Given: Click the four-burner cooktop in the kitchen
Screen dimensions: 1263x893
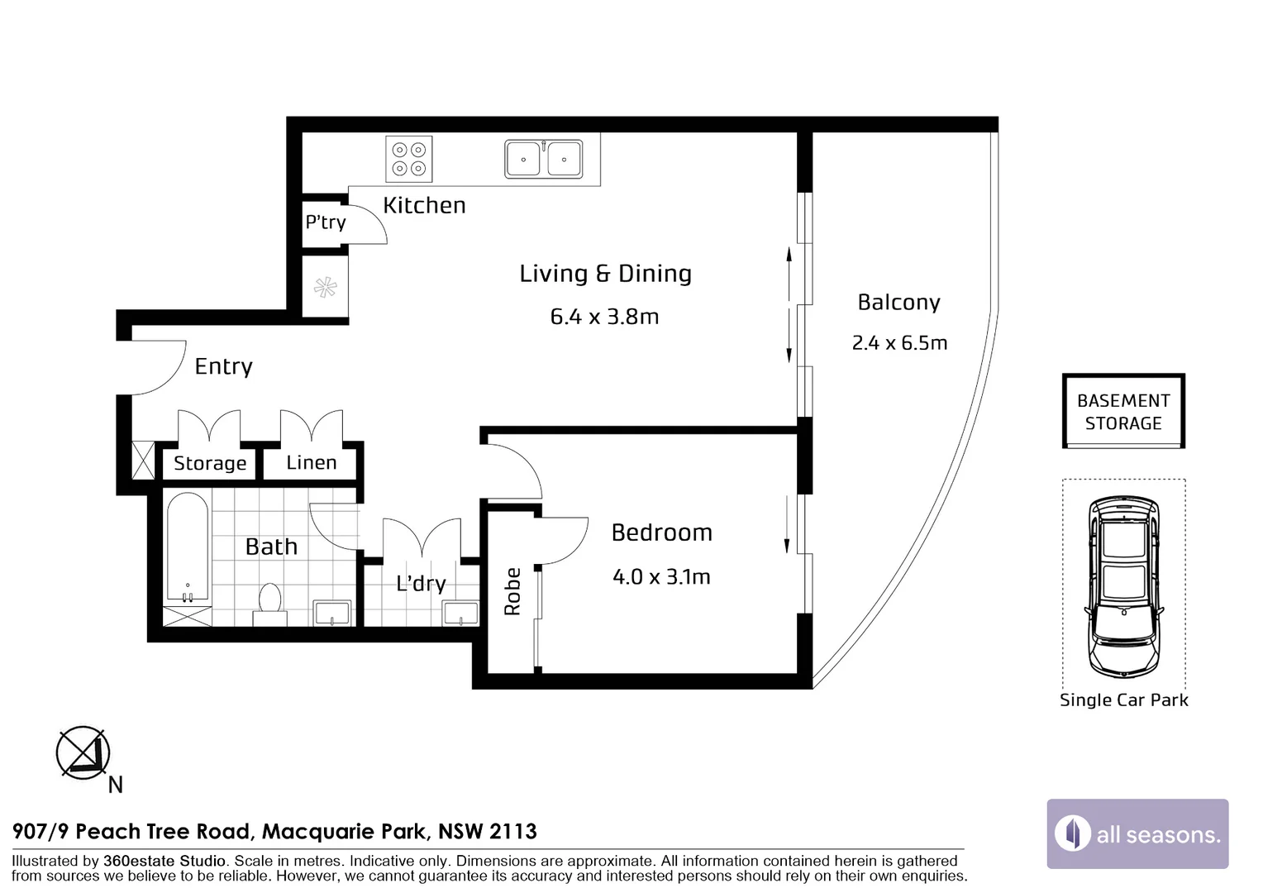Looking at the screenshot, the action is pyautogui.click(x=409, y=159).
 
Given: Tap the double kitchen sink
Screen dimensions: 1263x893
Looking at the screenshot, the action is pyautogui.click(x=544, y=159).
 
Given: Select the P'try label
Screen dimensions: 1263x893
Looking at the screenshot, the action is pyautogui.click(x=326, y=222).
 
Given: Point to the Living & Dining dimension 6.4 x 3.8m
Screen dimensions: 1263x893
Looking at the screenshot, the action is pyautogui.click(x=604, y=317).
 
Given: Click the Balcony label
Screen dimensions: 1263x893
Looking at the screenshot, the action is pyautogui.click(x=898, y=303).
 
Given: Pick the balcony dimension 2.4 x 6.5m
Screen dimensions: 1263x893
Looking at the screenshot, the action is pyautogui.click(x=899, y=343).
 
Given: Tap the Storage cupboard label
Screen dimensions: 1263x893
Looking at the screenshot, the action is pyautogui.click(x=210, y=463).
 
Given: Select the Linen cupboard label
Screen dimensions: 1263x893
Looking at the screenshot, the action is pyautogui.click(x=312, y=462).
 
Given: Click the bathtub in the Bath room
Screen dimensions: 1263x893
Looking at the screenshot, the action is pyautogui.click(x=188, y=547).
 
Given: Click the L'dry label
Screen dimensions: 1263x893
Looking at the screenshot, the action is pyautogui.click(x=422, y=583).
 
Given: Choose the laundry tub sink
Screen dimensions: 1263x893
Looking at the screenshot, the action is pyautogui.click(x=460, y=614).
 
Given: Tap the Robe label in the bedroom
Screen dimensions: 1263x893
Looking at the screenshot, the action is pyautogui.click(x=512, y=591).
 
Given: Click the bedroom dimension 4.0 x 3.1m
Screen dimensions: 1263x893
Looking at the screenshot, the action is pyautogui.click(x=661, y=577).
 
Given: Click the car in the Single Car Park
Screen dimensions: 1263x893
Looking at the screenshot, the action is pyautogui.click(x=1124, y=586).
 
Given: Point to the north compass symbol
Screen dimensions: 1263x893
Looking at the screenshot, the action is pyautogui.click(x=83, y=752).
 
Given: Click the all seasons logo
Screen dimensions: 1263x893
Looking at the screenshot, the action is pyautogui.click(x=1138, y=833).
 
